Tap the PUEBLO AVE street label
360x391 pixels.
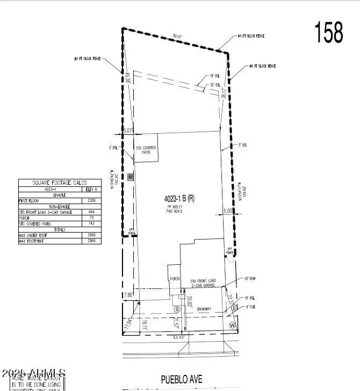(182, 380)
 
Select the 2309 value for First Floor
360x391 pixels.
(91, 200)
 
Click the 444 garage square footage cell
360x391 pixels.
(91, 212)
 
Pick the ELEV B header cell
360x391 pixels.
(91, 189)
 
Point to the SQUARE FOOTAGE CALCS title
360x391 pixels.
(60, 183)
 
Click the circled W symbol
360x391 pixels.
(233, 325)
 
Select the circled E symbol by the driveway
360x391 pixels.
(234, 307)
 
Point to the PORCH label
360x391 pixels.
(174, 279)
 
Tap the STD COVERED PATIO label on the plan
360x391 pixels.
(145, 150)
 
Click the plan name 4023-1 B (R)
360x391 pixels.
(179, 198)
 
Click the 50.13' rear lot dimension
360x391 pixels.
(177, 37)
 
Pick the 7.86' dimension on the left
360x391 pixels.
(128, 295)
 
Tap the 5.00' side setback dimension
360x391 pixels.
(229, 212)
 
